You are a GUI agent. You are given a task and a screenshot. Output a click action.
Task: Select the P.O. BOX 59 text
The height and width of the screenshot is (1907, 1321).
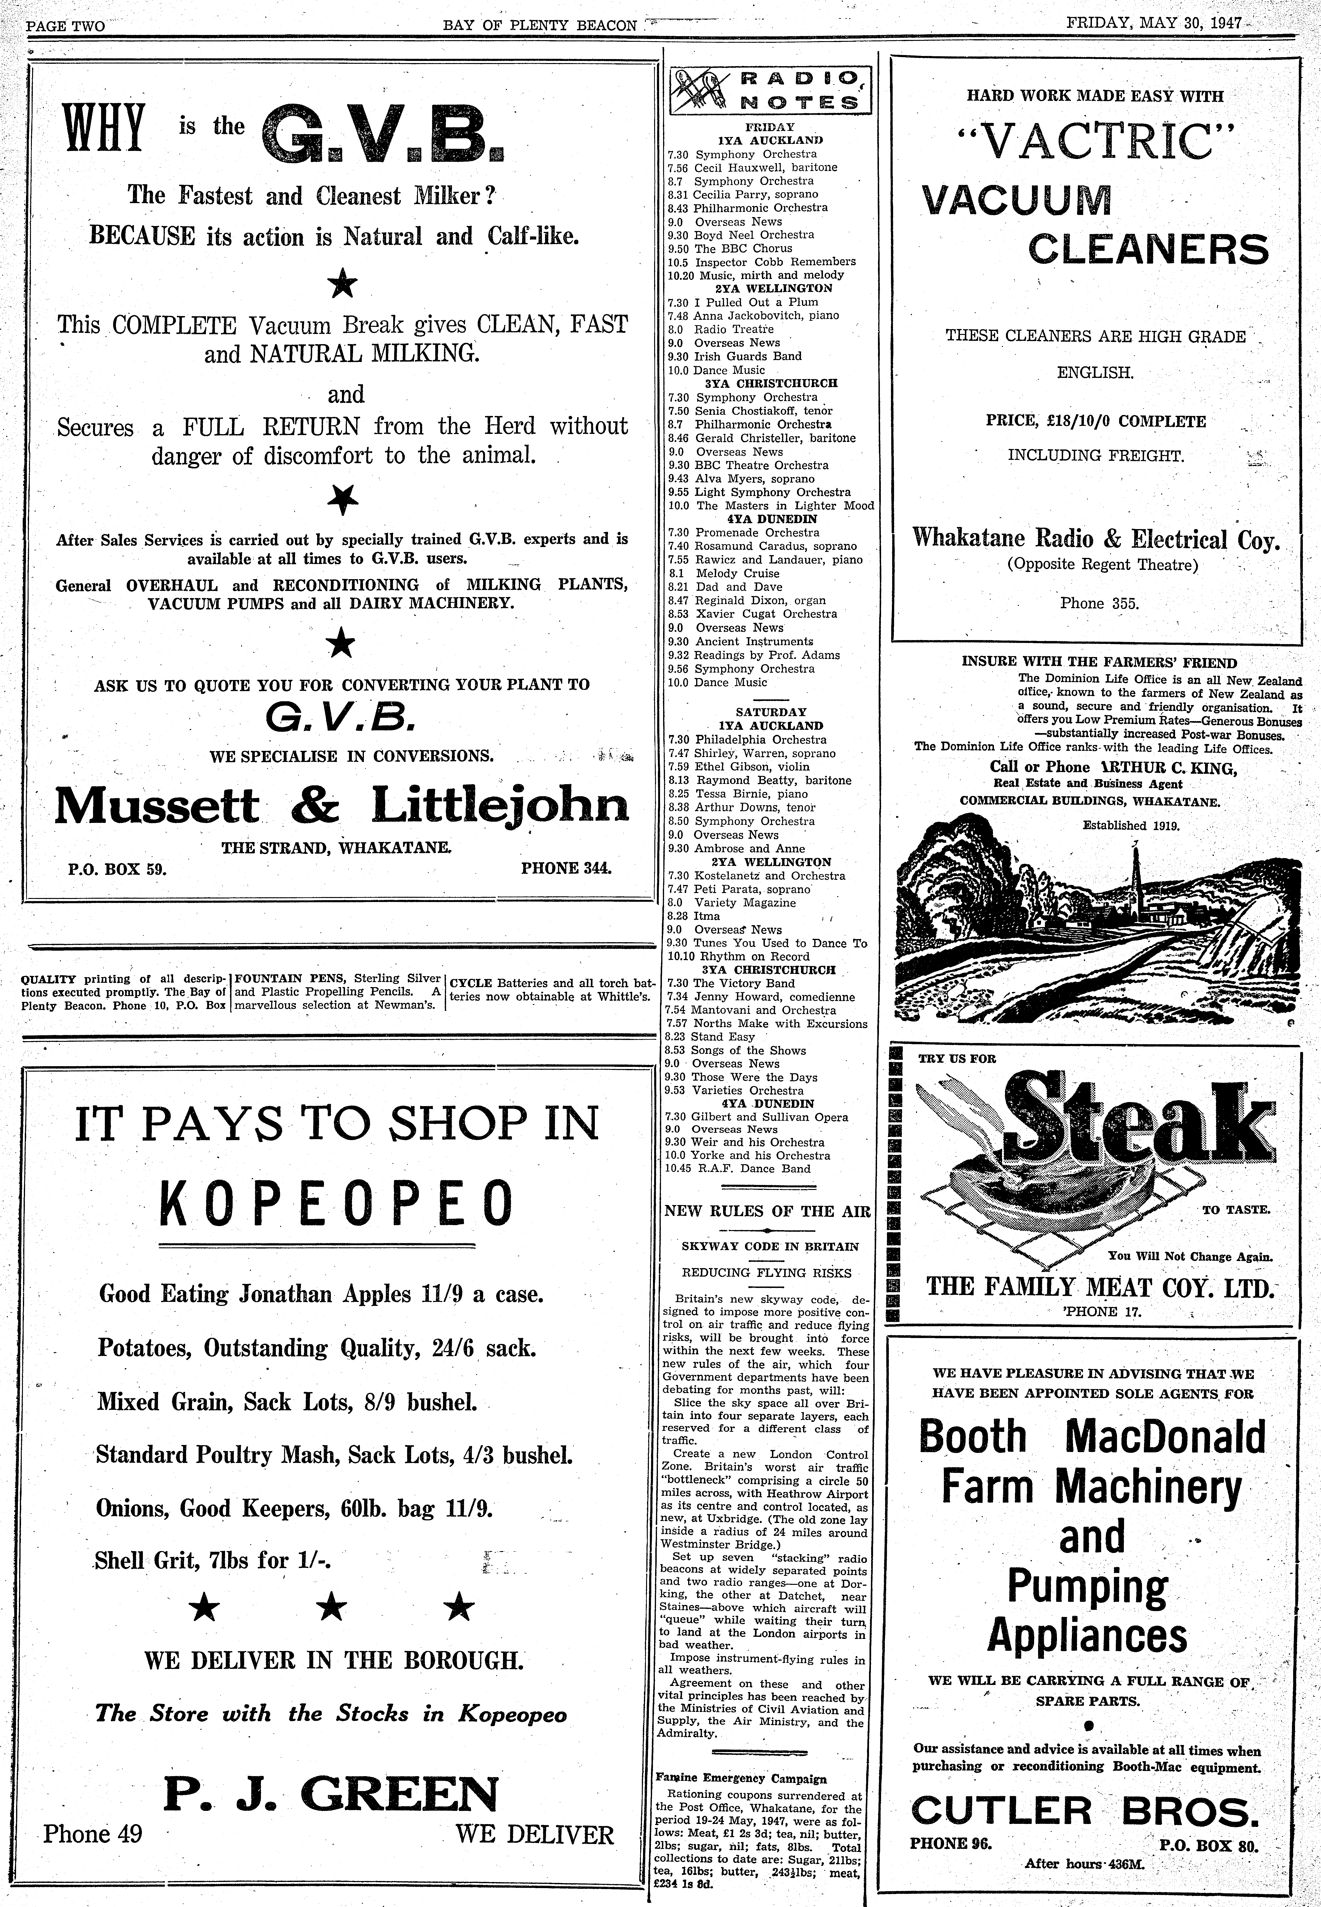(118, 869)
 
